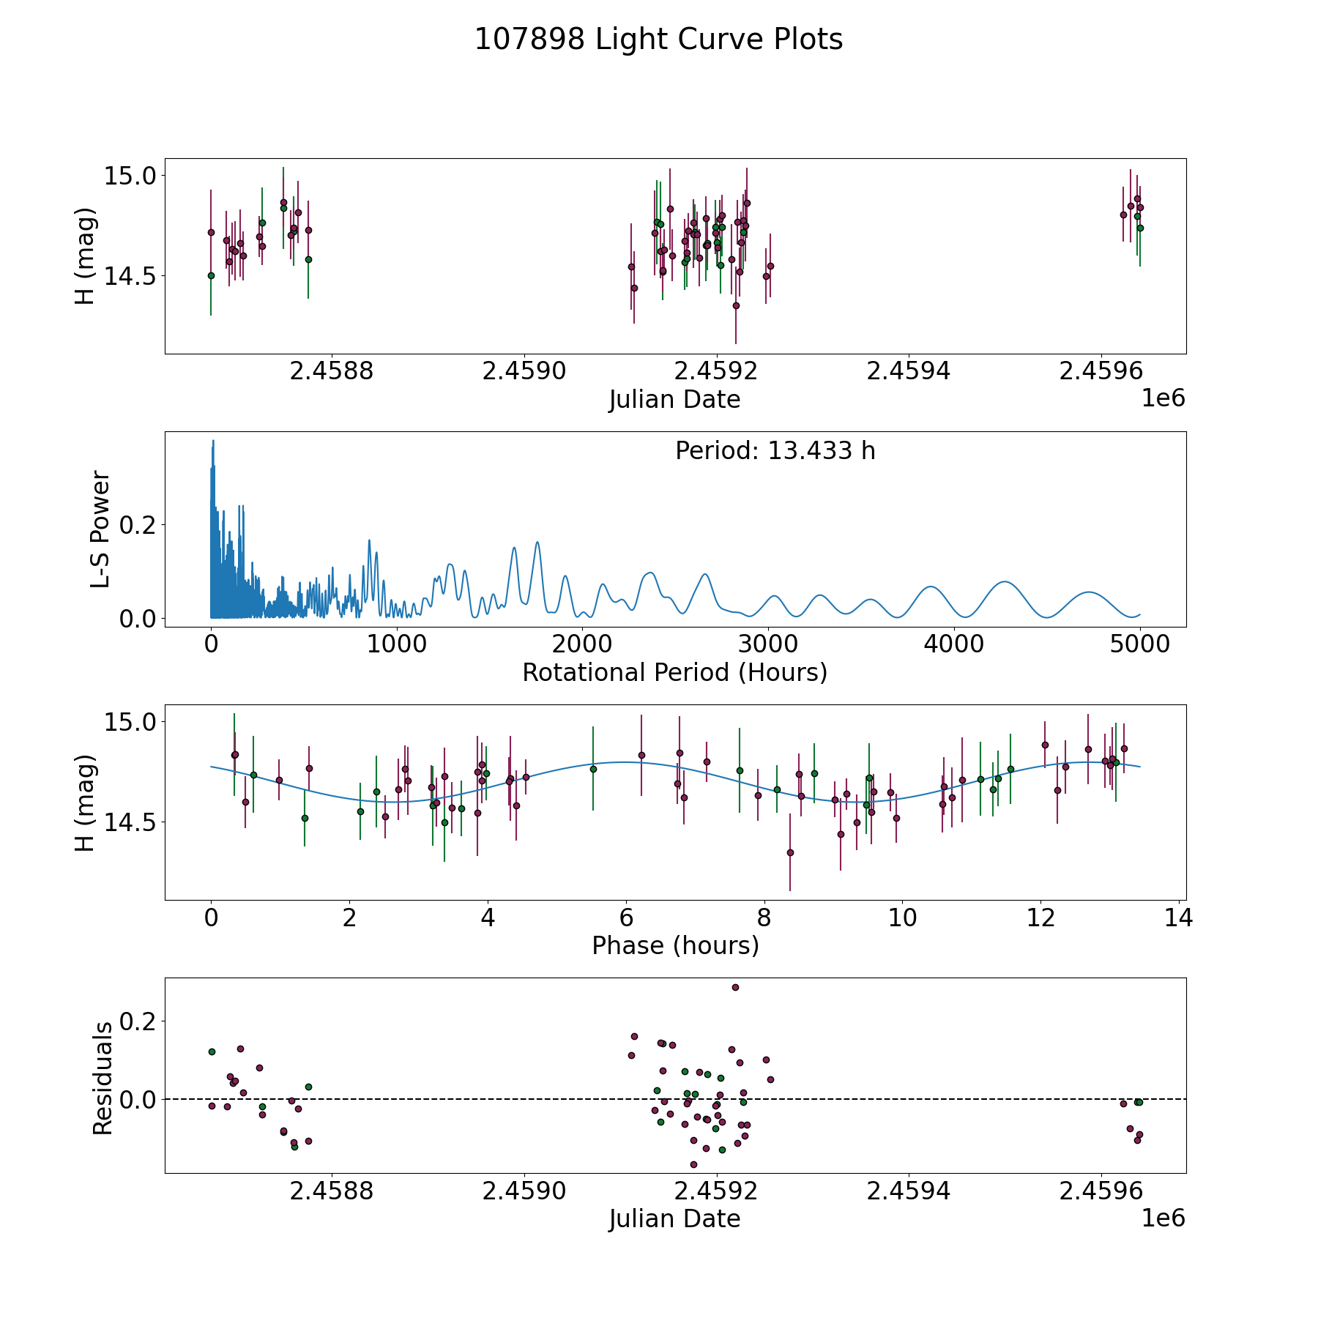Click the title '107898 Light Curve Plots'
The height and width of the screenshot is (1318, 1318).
(x=658, y=40)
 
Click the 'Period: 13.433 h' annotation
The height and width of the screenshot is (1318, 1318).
(x=775, y=451)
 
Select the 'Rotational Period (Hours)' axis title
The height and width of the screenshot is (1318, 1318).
(x=674, y=672)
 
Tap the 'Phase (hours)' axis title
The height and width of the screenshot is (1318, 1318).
(x=675, y=945)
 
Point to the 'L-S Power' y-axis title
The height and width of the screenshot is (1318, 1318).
(x=101, y=529)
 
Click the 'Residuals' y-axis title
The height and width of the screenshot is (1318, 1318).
(x=103, y=1079)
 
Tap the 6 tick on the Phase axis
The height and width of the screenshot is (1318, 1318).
(x=626, y=917)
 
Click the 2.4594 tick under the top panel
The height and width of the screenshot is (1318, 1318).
(x=908, y=371)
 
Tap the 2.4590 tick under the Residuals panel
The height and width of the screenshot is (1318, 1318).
(x=524, y=1191)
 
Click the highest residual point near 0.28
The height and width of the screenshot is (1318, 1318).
(x=735, y=987)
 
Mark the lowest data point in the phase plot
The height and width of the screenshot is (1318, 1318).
(x=790, y=852)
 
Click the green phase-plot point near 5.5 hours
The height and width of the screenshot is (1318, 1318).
(x=593, y=769)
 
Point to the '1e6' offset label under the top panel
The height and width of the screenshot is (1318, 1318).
(x=1163, y=398)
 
